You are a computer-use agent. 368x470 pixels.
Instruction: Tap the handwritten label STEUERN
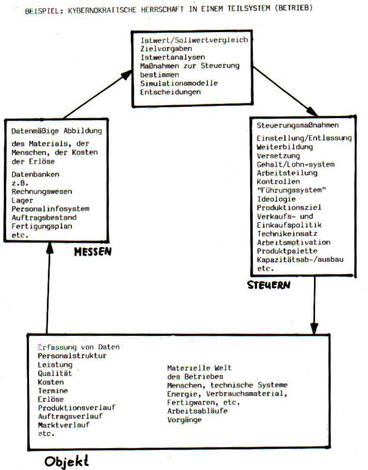(x=268, y=284)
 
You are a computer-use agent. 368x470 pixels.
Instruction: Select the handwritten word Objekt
(x=66, y=460)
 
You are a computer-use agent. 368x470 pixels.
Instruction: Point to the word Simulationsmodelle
(x=179, y=83)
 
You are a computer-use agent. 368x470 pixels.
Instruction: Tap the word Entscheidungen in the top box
(x=170, y=92)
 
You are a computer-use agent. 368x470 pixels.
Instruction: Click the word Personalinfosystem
(x=50, y=209)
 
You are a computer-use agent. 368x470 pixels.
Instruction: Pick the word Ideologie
(x=276, y=198)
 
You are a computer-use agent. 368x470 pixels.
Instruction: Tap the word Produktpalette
(x=287, y=251)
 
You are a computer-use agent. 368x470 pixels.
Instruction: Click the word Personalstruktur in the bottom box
(x=72, y=355)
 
